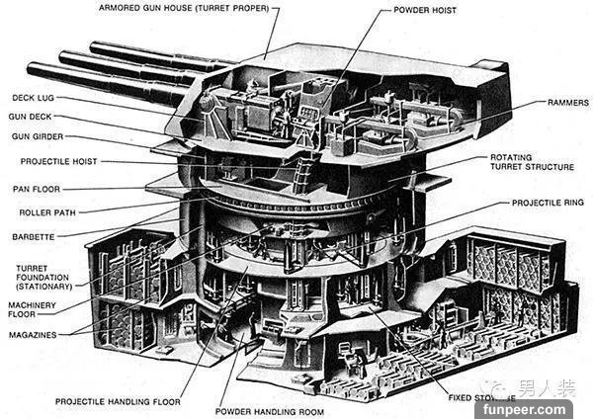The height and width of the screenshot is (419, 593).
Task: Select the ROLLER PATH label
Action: pos(49,212)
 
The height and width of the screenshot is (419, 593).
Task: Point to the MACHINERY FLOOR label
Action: pos(37,310)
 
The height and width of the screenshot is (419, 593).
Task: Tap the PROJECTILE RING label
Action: pos(548,203)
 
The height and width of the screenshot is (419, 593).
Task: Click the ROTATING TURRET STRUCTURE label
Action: pos(532,162)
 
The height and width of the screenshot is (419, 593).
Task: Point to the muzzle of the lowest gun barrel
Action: pos(33,70)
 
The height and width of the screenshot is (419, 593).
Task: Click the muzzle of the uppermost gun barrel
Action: pos(95,45)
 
